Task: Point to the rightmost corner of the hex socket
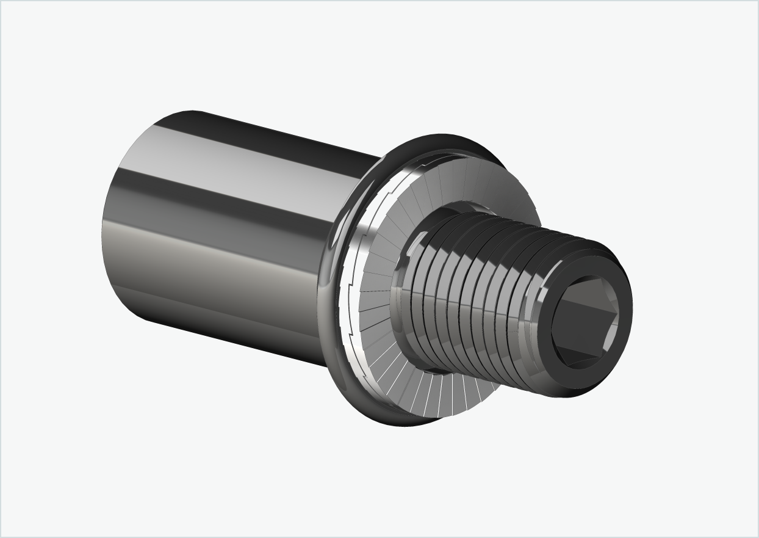(618, 318)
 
